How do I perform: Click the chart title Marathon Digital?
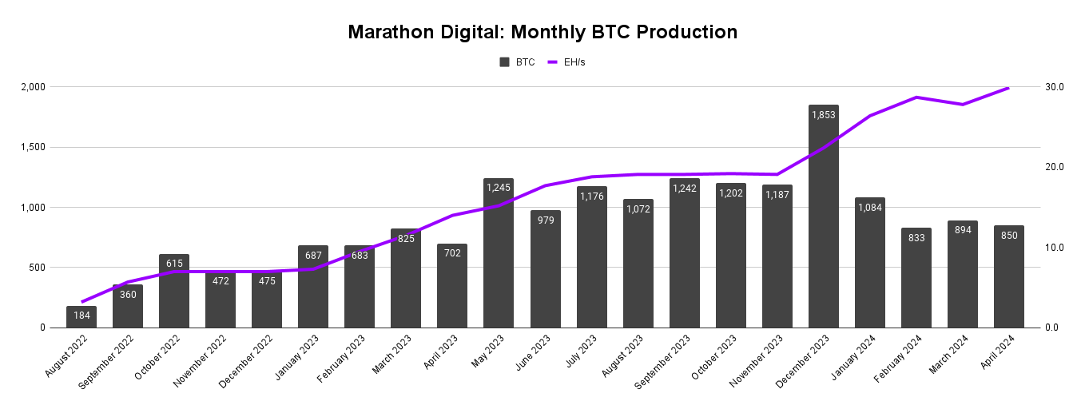(x=542, y=32)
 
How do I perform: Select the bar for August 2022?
(x=81, y=317)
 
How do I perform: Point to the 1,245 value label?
(x=499, y=188)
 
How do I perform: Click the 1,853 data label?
(x=823, y=115)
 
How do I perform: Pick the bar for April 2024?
(x=1008, y=280)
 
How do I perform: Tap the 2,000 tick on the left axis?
(x=32, y=86)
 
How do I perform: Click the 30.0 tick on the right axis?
(x=1055, y=86)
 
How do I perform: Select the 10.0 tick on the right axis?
(x=1055, y=248)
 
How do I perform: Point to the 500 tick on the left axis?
(x=37, y=268)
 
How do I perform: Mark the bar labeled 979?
(x=545, y=272)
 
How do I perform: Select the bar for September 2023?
(x=684, y=256)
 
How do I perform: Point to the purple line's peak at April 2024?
(x=1008, y=88)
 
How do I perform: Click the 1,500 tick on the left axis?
(x=32, y=147)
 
